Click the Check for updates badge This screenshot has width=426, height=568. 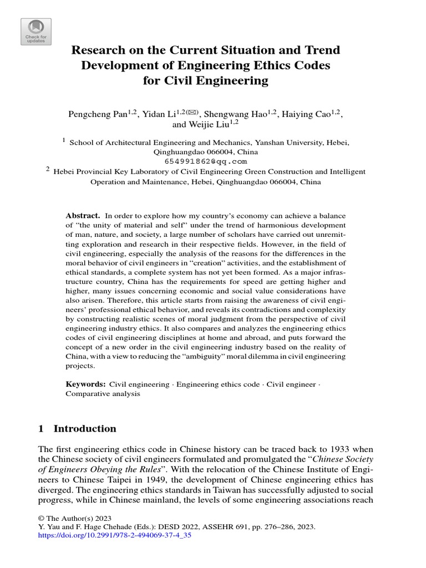point(36,32)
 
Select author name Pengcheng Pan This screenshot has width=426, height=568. point(98,115)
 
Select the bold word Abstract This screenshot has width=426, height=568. point(83,215)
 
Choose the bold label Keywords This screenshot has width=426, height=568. point(85,384)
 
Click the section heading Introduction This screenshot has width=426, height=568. point(84,429)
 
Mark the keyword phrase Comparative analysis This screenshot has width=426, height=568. point(103,394)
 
